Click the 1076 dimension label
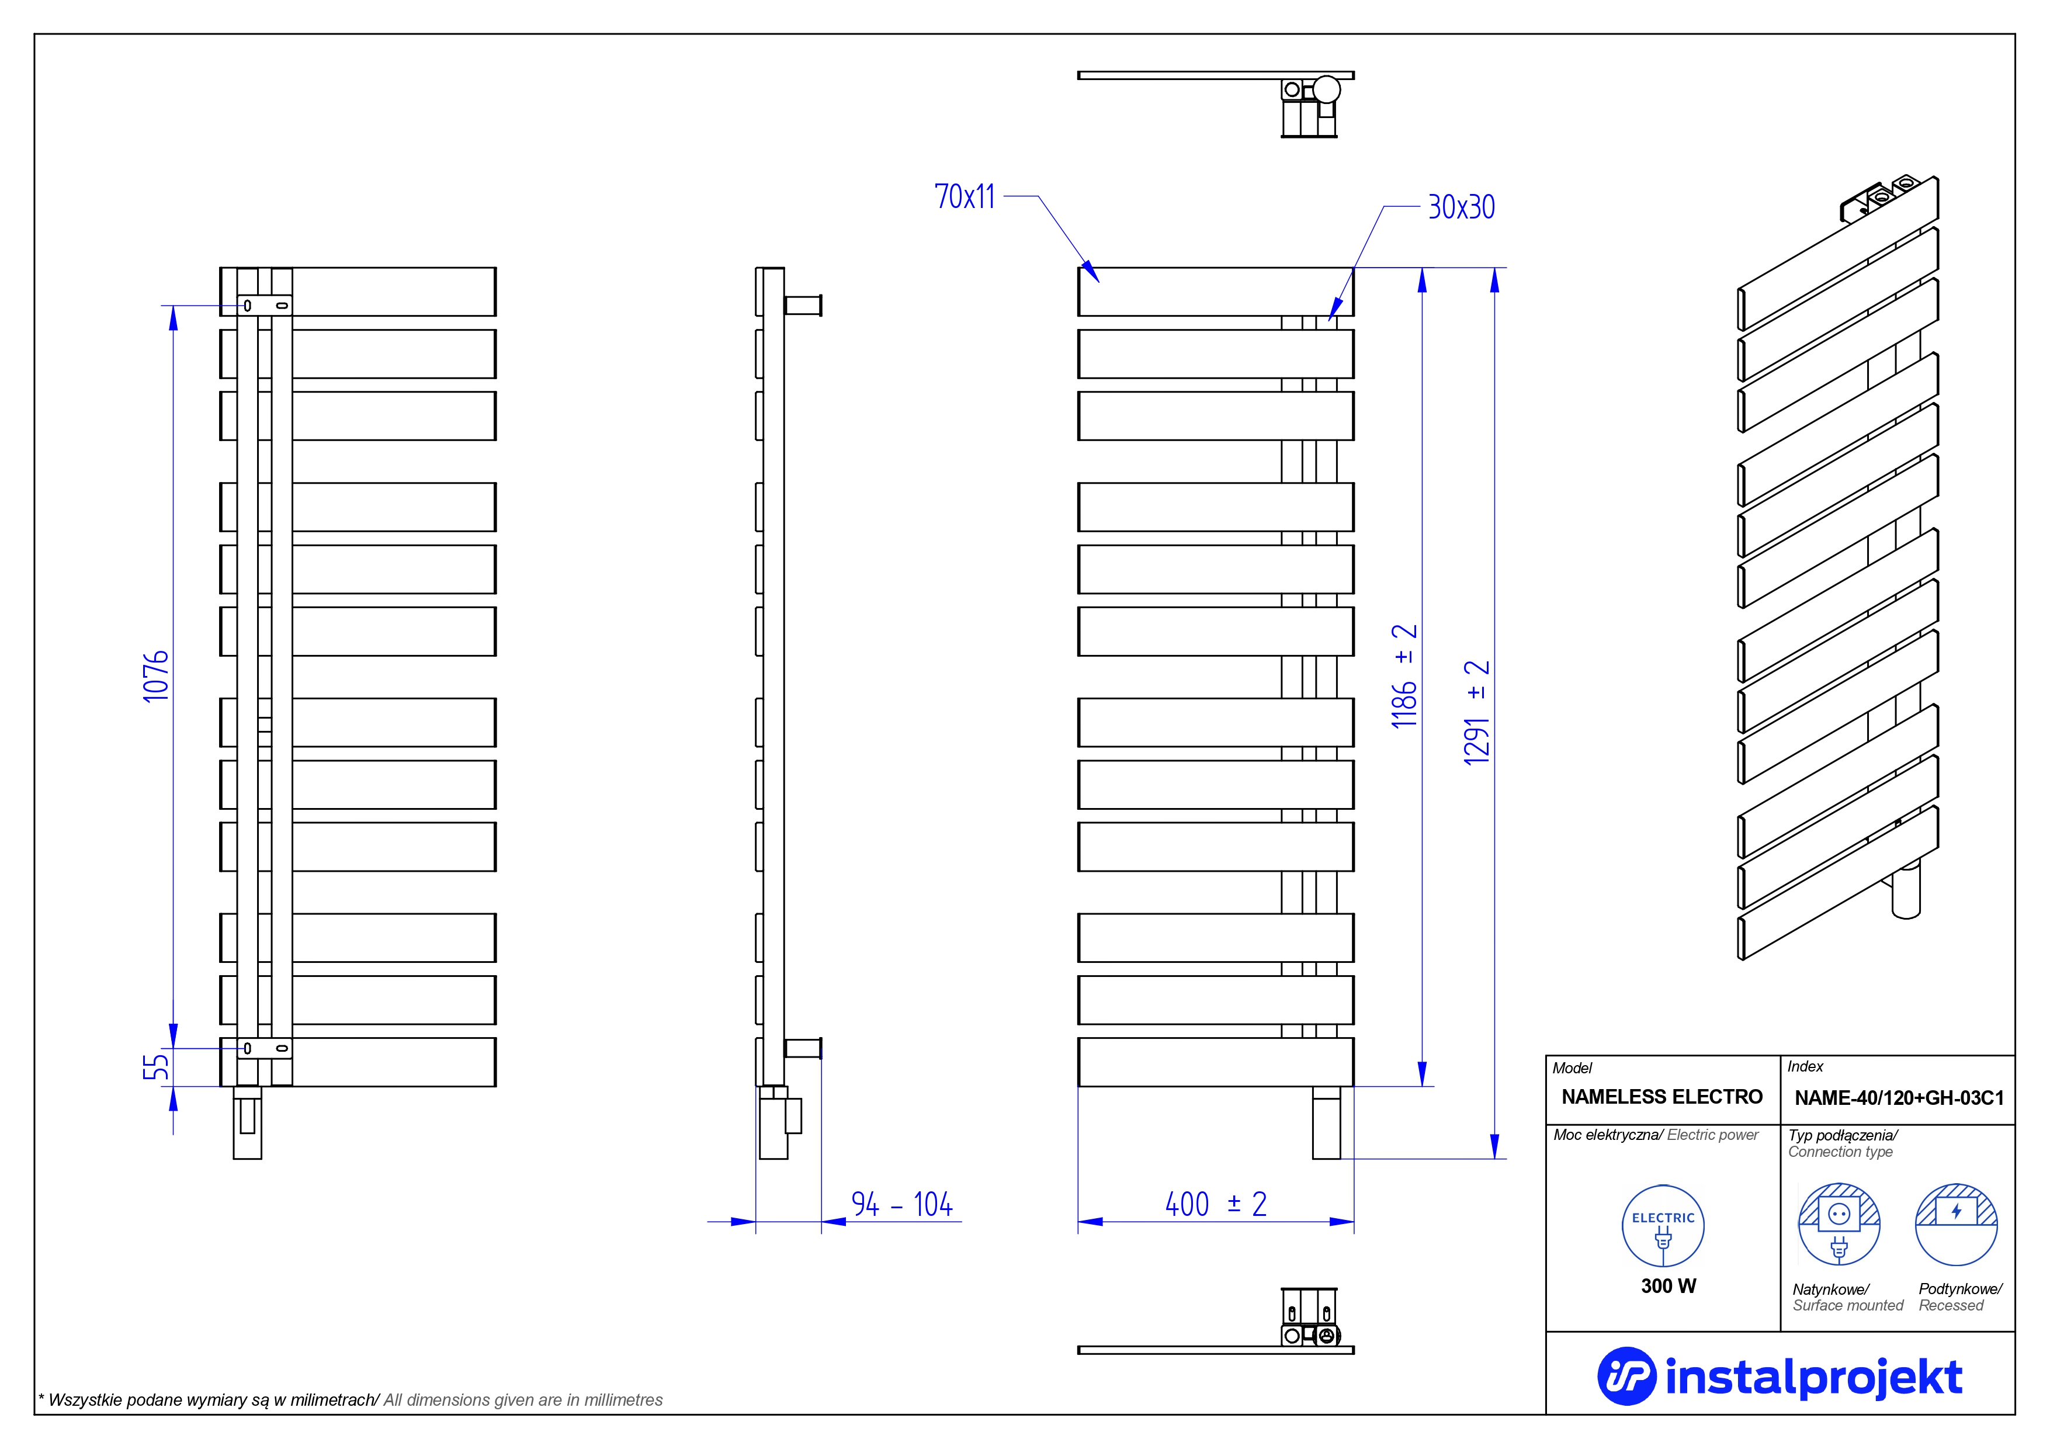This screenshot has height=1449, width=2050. pos(156,676)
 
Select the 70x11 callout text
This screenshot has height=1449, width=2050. pos(965,196)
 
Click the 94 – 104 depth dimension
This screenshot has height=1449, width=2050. pos(902,1204)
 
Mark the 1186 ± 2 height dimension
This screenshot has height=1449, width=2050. pos(1404,676)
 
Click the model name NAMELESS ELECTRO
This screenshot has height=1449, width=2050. pos(1661,1096)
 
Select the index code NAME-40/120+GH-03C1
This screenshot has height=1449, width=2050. pos(1899,1098)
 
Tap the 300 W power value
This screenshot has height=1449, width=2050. pos(1668,1285)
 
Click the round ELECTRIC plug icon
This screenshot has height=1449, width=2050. pos(1663,1226)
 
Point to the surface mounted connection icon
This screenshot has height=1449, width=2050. pos(1839,1224)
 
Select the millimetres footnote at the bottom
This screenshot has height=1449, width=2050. pos(350,1400)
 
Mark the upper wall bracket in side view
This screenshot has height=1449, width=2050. pos(803,306)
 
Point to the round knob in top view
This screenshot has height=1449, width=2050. pos(1327,89)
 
